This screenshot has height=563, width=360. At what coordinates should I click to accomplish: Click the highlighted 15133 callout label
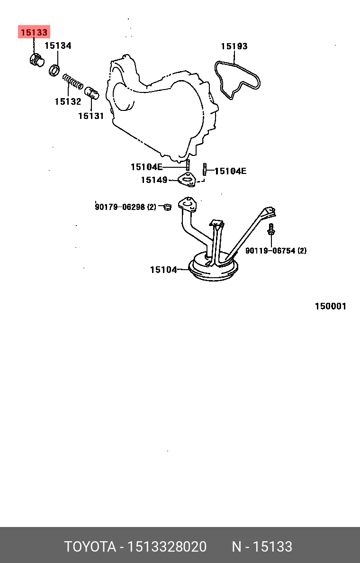coord(34,32)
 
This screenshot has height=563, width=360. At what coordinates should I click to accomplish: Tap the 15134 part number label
coord(58,45)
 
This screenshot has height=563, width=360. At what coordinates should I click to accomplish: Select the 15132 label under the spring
coord(68,101)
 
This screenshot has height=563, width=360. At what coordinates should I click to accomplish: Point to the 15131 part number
coord(91,116)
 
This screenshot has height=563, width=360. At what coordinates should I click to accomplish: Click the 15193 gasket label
coord(234,46)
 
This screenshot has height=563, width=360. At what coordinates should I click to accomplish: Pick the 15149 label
coord(154,180)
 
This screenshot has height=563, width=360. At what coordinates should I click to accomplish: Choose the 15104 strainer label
coord(163,270)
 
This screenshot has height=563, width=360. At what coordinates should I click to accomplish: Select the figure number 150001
coord(331,306)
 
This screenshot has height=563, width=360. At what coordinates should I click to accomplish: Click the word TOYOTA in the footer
coord(90,547)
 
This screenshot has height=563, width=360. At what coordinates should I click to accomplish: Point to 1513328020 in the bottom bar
coord(167,547)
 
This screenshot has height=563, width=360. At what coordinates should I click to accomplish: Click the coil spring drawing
coord(73,82)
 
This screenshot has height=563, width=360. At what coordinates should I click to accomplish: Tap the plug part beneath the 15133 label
coord(36,60)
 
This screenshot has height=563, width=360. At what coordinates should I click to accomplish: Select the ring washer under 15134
coord(54,70)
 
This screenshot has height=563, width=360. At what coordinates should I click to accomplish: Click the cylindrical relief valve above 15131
coord(91,92)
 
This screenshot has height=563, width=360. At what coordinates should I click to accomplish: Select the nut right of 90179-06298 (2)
coord(167,207)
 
